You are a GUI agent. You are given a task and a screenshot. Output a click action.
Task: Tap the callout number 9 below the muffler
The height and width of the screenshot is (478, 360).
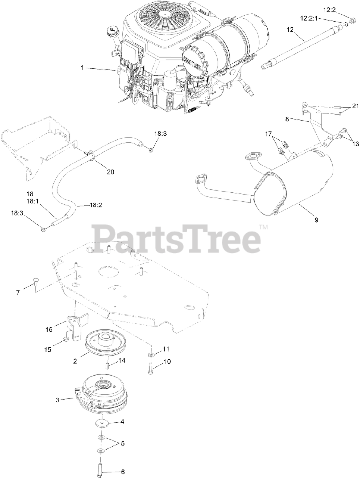click(316, 220)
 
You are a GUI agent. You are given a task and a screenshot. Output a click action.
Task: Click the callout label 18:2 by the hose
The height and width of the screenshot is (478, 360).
click(95, 205)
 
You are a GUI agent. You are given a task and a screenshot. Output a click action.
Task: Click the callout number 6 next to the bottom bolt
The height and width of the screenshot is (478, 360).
click(123, 472)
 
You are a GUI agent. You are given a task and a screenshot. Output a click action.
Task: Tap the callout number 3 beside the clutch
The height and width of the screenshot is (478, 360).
click(57, 400)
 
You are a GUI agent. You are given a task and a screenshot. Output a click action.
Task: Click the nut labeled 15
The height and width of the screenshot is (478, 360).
click(66, 339)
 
